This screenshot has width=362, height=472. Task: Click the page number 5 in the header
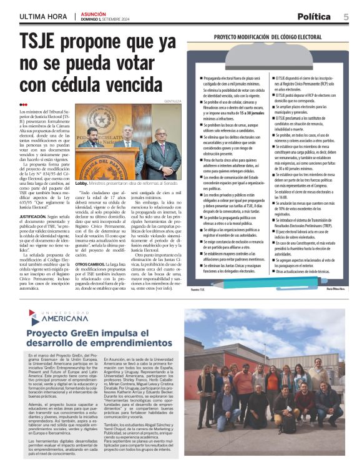pyautogui.click(x=345, y=16)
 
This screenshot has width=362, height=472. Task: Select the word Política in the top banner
pyautogui.click(x=314, y=16)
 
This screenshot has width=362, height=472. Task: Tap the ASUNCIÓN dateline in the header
pyautogui.click(x=91, y=14)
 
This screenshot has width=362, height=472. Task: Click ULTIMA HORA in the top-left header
pyautogui.click(x=43, y=16)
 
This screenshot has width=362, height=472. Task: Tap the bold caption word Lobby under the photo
pyautogui.click(x=81, y=184)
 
